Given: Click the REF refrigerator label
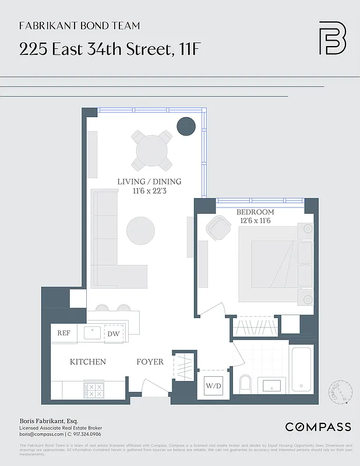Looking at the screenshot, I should (63, 333).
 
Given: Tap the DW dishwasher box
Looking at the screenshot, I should (114, 334).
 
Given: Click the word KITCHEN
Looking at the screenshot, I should (88, 362).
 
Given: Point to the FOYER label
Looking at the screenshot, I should (150, 362).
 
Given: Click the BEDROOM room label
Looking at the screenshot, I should (255, 212).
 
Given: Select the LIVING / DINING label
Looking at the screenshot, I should (149, 181).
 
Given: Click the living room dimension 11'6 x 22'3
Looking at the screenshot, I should (149, 190).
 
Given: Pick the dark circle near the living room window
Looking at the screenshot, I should (186, 126).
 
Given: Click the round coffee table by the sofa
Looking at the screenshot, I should (140, 231).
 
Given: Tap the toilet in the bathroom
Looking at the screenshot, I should (245, 384).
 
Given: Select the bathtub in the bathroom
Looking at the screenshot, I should (301, 370).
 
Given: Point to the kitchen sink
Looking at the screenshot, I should (93, 333).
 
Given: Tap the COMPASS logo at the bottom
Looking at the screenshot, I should (317, 427).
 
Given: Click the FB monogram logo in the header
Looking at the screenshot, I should (332, 38).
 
